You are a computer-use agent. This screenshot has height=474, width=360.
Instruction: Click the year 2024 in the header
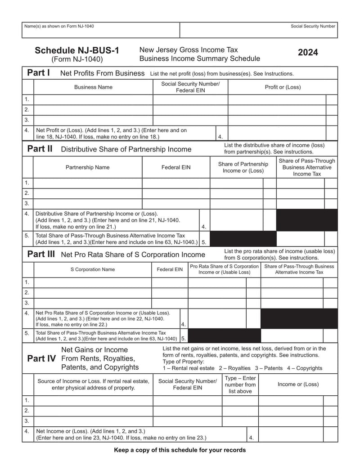coord(308,53)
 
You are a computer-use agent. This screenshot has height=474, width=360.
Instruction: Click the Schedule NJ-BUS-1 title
coord(77,51)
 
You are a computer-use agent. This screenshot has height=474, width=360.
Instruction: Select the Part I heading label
coord(38,73)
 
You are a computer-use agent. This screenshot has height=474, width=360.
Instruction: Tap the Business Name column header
coord(93,87)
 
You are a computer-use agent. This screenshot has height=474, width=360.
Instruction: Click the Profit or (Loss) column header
coord(283,87)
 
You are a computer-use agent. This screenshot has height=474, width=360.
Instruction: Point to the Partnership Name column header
coord(87,167)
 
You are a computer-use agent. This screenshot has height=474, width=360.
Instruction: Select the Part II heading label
coord(40,149)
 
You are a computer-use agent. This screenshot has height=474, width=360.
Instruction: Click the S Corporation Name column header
coord(92,269)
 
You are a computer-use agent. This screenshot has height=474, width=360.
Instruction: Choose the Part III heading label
coord(41,254)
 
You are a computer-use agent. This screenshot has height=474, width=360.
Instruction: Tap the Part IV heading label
coord(41,358)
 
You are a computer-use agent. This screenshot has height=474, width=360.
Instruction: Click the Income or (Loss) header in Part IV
coord(298,384)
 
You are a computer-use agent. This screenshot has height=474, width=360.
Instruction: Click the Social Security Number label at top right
coord(313,26)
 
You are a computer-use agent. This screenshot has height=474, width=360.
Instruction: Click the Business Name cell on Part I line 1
coord(93,99)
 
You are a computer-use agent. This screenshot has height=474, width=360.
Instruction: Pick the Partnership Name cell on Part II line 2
coord(88,193)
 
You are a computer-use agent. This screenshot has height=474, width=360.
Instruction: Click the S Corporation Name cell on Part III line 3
coord(93,303)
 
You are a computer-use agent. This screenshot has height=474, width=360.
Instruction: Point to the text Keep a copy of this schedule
coord(180,450)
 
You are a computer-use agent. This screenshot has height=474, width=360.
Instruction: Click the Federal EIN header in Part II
coord(176,167)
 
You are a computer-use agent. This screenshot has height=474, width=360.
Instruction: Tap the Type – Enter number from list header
coord(240,385)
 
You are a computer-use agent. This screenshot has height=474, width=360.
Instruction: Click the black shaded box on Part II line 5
coord(243,239)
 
